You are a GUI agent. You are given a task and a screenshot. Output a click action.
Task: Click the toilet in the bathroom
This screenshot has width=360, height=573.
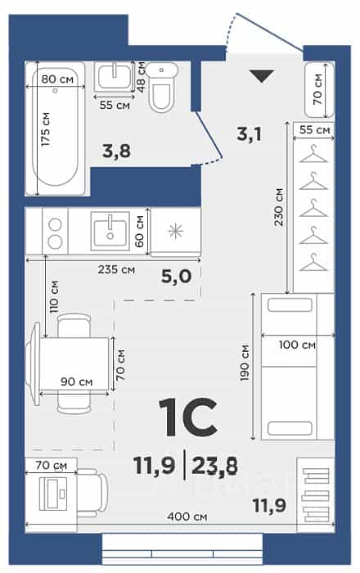(162, 87)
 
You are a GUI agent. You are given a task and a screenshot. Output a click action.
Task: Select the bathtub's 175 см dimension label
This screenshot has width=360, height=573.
(45, 129)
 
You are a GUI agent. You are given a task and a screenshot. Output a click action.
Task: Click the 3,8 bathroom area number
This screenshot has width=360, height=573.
(116, 151)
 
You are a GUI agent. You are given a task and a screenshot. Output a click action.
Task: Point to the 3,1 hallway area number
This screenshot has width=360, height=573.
(249, 134)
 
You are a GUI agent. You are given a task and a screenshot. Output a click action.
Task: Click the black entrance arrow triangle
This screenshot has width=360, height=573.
(262, 76)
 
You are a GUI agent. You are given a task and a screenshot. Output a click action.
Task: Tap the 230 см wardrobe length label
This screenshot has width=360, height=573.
(278, 207)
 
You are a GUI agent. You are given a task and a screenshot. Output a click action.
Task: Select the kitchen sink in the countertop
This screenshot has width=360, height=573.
(110, 231)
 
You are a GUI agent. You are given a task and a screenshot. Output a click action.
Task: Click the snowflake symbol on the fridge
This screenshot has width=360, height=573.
(175, 232)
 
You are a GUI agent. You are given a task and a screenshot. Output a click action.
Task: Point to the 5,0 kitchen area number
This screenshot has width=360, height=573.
(177, 277)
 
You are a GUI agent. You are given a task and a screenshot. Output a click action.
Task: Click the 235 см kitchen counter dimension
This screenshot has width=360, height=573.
(116, 270)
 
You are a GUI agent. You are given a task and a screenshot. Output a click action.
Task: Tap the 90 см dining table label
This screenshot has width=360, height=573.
(77, 382)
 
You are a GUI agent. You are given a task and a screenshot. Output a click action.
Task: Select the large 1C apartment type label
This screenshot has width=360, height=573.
(188, 417)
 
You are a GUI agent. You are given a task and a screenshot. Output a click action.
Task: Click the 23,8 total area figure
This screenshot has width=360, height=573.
(214, 467)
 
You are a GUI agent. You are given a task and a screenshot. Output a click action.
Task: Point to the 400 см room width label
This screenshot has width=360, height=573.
(187, 517)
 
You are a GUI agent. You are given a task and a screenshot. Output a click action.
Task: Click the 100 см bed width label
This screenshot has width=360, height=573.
(297, 345)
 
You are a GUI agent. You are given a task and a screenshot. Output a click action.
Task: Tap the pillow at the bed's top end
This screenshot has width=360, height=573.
(290, 305)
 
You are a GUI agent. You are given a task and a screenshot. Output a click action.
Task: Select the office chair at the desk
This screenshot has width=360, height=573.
(92, 492)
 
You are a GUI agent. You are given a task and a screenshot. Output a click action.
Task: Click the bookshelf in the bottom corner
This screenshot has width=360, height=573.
(316, 494)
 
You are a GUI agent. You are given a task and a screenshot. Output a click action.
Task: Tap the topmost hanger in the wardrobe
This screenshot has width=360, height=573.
(313, 154)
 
